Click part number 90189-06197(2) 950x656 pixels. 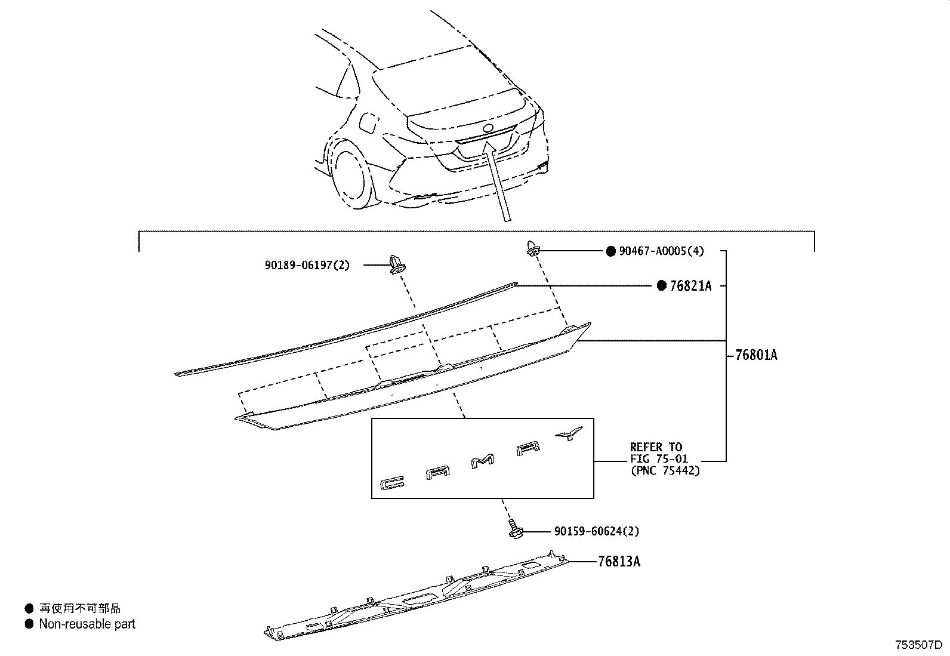[x=307, y=265]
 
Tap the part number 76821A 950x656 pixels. [x=690, y=286]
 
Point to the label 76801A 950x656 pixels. [x=756, y=355]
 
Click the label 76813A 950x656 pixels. [x=619, y=562]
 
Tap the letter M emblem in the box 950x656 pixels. [x=483, y=462]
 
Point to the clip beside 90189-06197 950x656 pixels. [x=396, y=264]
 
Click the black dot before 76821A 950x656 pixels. [x=661, y=286]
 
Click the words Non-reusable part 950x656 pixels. [x=87, y=624]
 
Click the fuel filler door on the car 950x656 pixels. [x=366, y=123]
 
